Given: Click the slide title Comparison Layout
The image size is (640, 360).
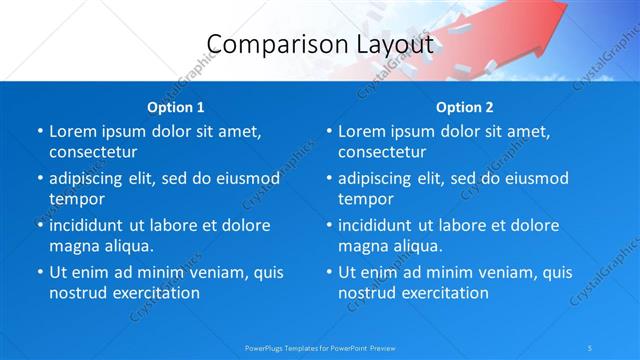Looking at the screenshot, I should pyautogui.click(x=320, y=44).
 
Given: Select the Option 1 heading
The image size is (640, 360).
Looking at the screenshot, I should pyautogui.click(x=176, y=106).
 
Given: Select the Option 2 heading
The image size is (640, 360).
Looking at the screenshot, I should pyautogui.click(x=465, y=106).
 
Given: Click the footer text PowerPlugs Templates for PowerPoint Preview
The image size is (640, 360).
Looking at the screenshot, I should pyautogui.click(x=320, y=347).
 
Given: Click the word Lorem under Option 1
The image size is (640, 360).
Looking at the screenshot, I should pyautogui.click(x=74, y=131).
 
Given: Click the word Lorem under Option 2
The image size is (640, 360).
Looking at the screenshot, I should pyautogui.click(x=363, y=131).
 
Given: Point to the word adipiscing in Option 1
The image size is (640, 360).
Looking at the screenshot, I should pyautogui.click(x=93, y=178).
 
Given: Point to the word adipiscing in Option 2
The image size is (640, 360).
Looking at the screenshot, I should pyautogui.click(x=382, y=178).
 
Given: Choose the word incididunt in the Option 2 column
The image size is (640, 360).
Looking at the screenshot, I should pyautogui.click(x=383, y=225).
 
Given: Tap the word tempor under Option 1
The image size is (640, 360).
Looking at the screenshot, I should pyautogui.click(x=76, y=199).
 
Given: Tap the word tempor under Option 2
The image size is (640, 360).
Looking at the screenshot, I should pyautogui.click(x=365, y=199).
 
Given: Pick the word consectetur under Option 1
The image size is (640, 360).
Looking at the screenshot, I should pyautogui.click(x=93, y=152).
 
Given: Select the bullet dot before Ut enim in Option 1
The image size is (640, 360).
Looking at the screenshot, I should pyautogui.click(x=39, y=272).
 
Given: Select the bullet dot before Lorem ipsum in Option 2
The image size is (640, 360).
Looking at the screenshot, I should pyautogui.click(x=328, y=131).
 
